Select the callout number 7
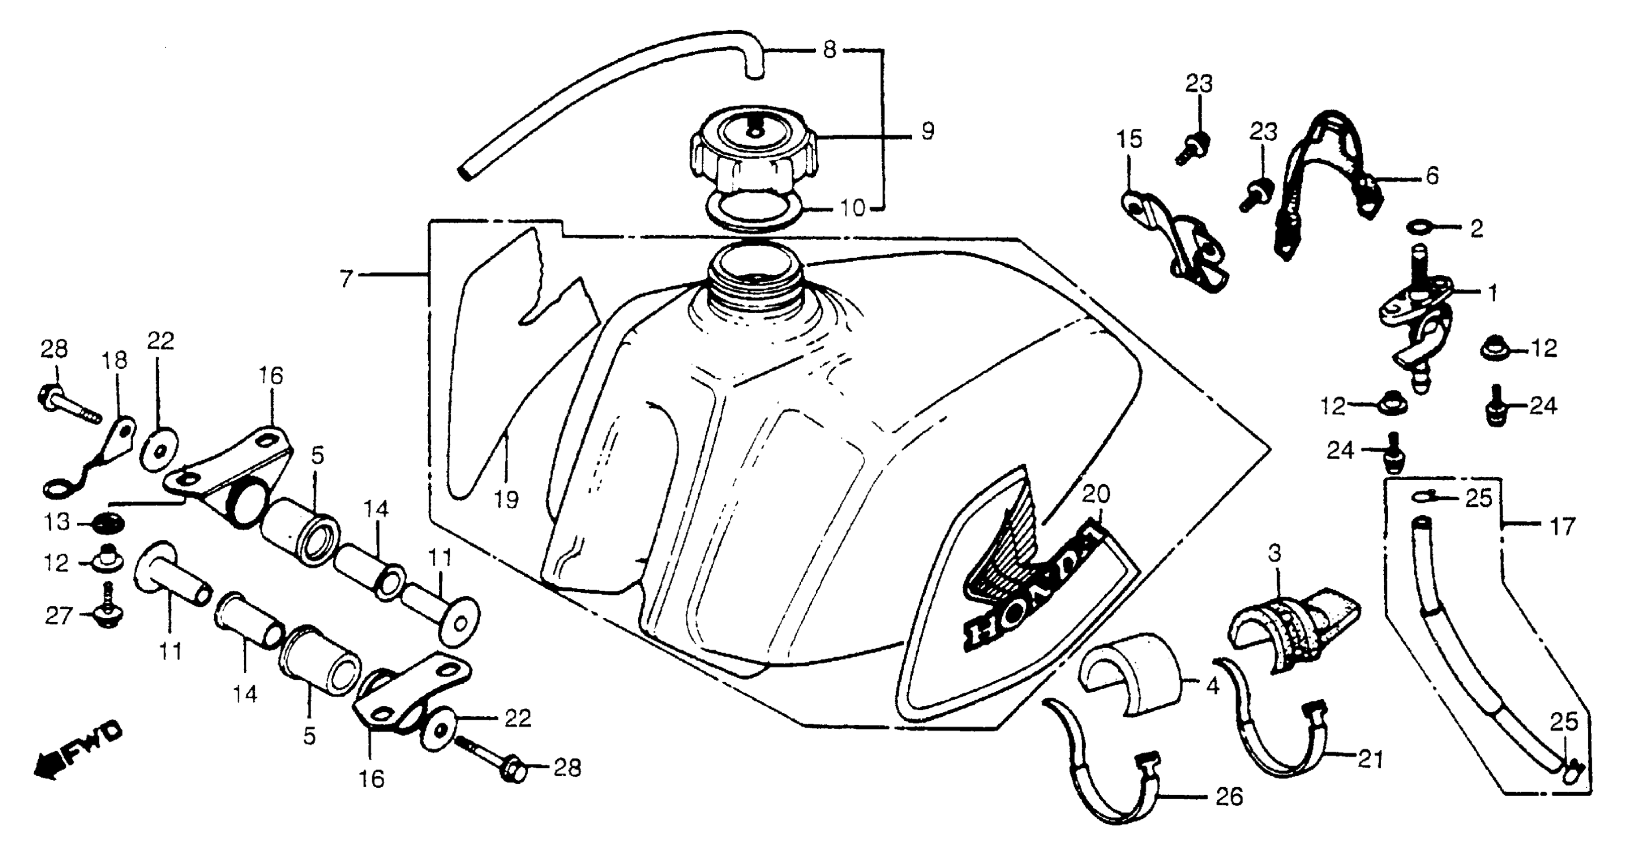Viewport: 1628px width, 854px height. pyautogui.click(x=345, y=279)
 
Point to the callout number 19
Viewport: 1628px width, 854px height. pyautogui.click(x=507, y=500)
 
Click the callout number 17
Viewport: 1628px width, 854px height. pyautogui.click(x=1562, y=525)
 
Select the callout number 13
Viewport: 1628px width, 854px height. pyautogui.click(x=56, y=523)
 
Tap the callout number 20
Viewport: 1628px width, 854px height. pyautogui.click(x=1095, y=493)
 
